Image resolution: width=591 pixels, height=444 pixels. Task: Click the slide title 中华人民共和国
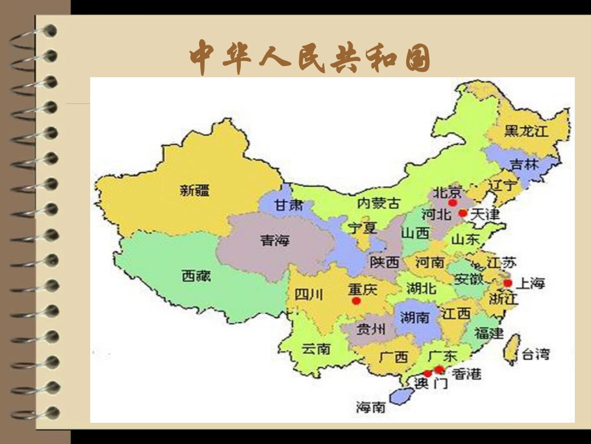point(310,57)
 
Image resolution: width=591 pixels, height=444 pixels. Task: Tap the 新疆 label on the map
point(195,191)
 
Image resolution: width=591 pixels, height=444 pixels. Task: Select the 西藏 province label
point(196,275)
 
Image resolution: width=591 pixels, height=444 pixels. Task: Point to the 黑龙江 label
point(527,131)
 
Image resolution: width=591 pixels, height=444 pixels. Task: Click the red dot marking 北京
point(452,203)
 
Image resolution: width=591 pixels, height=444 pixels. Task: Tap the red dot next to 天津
point(462,213)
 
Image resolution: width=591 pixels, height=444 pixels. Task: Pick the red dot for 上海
point(508,283)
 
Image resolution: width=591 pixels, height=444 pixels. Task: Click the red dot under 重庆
point(356,301)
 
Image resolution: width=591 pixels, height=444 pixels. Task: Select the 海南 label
point(371,407)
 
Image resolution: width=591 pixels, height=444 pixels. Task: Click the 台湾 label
point(535,355)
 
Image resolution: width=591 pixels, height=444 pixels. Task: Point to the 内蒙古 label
point(379,203)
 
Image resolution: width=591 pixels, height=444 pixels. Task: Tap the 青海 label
point(274,240)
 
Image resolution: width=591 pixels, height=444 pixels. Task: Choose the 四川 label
point(309,295)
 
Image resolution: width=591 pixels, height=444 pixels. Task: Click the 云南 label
point(316,349)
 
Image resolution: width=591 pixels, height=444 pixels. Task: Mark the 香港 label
point(466,374)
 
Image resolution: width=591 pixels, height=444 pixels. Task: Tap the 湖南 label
point(415,318)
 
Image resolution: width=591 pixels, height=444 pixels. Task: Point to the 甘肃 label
point(289,204)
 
